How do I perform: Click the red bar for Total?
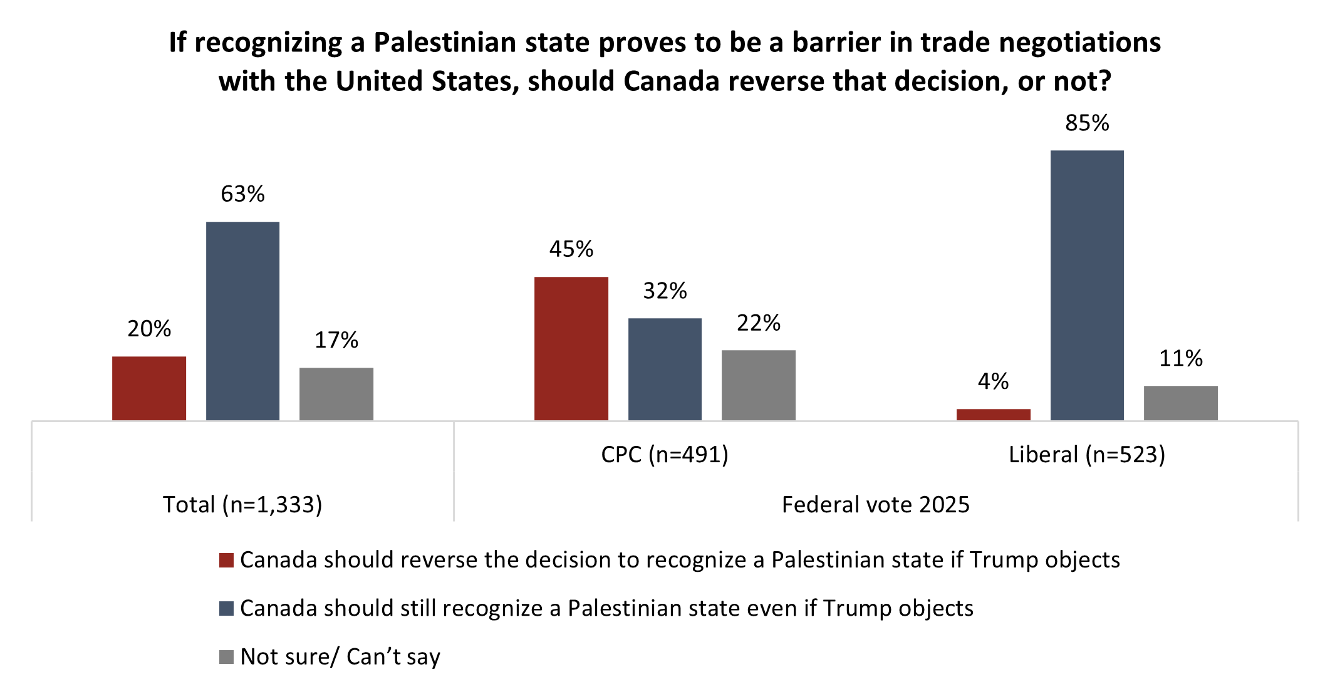tap(149, 388)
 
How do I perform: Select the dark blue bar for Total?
tap(242, 321)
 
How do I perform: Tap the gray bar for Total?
tap(336, 394)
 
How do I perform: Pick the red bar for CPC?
tap(571, 348)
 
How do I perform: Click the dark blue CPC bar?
tap(665, 369)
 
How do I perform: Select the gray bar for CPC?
tap(759, 385)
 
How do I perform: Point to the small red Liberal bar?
tap(994, 415)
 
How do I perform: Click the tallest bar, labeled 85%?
tap(1087, 285)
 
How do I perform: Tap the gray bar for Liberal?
tap(1181, 403)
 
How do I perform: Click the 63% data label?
tap(242, 194)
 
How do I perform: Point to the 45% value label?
tap(571, 249)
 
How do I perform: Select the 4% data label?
tap(994, 381)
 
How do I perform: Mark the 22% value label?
tap(759, 323)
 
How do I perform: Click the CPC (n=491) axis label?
tap(665, 455)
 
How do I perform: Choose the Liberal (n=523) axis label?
tap(1087, 455)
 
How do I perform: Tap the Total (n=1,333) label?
tap(242, 505)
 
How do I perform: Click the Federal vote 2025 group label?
tap(876, 505)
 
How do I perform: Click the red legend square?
tap(226, 560)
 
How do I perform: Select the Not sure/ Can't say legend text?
tap(340, 656)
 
